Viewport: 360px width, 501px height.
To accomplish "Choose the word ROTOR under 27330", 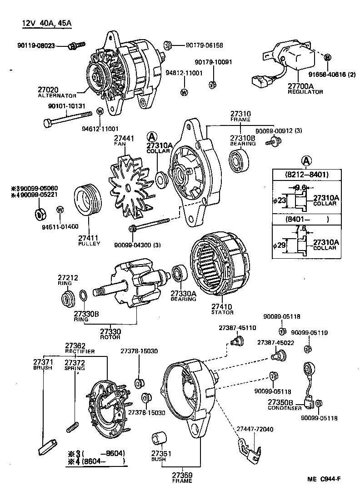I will click(110, 337).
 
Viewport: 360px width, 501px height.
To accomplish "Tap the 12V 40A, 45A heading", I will click(47, 24).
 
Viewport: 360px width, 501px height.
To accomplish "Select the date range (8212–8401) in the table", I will click(307, 174).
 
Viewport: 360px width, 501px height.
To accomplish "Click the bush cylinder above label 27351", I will click(158, 439).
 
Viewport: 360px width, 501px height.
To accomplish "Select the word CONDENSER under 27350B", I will click(284, 408).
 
